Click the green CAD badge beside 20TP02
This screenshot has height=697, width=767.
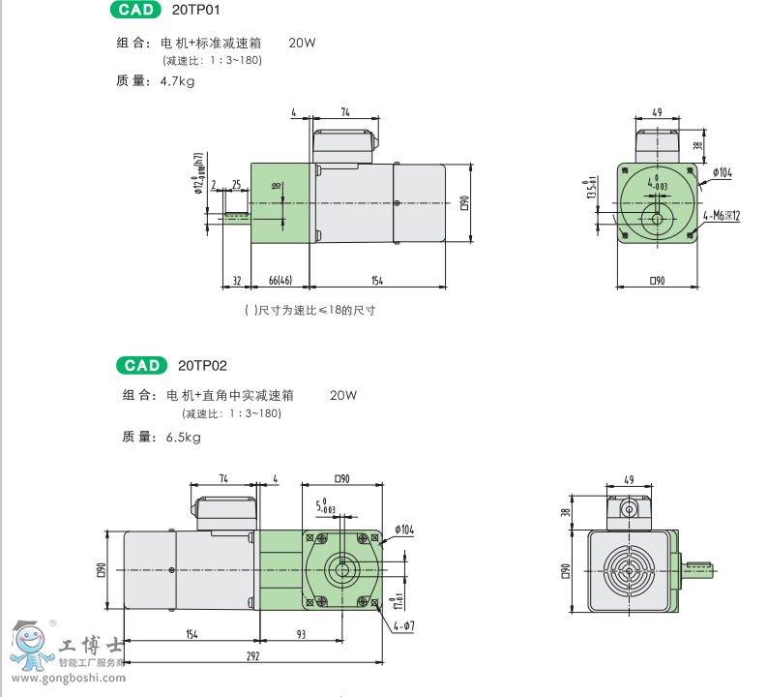142,366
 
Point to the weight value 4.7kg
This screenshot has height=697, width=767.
177,81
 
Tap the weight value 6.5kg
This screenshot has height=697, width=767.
183,438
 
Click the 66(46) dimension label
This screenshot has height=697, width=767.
280,281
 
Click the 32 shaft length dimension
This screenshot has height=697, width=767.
236,281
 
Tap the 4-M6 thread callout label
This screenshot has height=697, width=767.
722,216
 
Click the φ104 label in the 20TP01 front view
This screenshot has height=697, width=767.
722,172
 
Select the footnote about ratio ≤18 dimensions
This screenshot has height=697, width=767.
310,311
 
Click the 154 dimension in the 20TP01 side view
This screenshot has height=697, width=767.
377,281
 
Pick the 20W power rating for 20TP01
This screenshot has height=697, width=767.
302,43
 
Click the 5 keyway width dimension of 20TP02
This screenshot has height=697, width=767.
326,505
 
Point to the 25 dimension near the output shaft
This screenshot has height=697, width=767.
236,184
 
